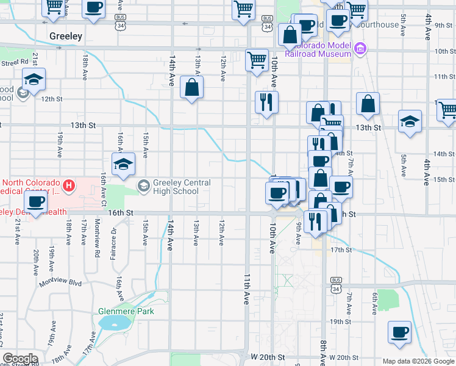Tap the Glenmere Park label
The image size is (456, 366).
click(x=126, y=311)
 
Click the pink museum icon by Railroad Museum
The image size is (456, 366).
click(x=360, y=48)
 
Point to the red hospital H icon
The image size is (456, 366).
click(x=69, y=184)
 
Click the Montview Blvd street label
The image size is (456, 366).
click(x=60, y=284)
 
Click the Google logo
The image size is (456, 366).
click(x=21, y=359)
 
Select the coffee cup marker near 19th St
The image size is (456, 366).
click(x=400, y=333)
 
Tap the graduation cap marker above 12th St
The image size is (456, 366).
click(x=34, y=80)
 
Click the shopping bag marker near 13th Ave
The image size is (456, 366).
click(x=192, y=88)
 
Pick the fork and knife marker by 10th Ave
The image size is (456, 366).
click(x=266, y=102)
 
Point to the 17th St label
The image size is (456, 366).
click(x=341, y=250)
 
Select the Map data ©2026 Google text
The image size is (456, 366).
click(x=418, y=361)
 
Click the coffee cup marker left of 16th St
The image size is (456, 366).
click(x=35, y=204)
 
